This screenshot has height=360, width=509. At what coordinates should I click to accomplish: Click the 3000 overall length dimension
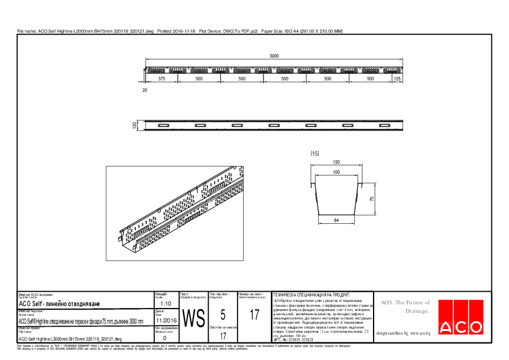[274, 56]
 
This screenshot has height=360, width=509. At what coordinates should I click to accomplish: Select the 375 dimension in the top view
[162, 79]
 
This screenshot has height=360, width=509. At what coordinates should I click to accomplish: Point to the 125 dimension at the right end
[397, 79]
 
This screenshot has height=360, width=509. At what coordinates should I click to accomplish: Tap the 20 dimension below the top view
[144, 90]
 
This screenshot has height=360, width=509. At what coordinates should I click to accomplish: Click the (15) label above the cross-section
[314, 154]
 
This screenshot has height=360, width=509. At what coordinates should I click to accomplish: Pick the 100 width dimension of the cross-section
[336, 173]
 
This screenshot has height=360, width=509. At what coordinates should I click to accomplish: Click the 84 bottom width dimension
[336, 221]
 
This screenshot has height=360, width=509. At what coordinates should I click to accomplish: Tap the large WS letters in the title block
[193, 318]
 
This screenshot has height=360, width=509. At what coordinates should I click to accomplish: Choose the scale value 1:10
[167, 303]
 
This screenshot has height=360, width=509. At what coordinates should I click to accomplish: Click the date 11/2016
[167, 321]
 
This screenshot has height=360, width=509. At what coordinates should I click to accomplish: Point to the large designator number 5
[223, 315]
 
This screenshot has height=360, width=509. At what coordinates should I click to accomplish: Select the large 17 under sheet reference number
[254, 315]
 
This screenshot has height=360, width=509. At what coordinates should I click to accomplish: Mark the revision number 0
[165, 339]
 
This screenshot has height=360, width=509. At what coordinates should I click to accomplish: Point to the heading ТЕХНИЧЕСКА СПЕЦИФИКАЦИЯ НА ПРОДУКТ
[316, 293]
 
